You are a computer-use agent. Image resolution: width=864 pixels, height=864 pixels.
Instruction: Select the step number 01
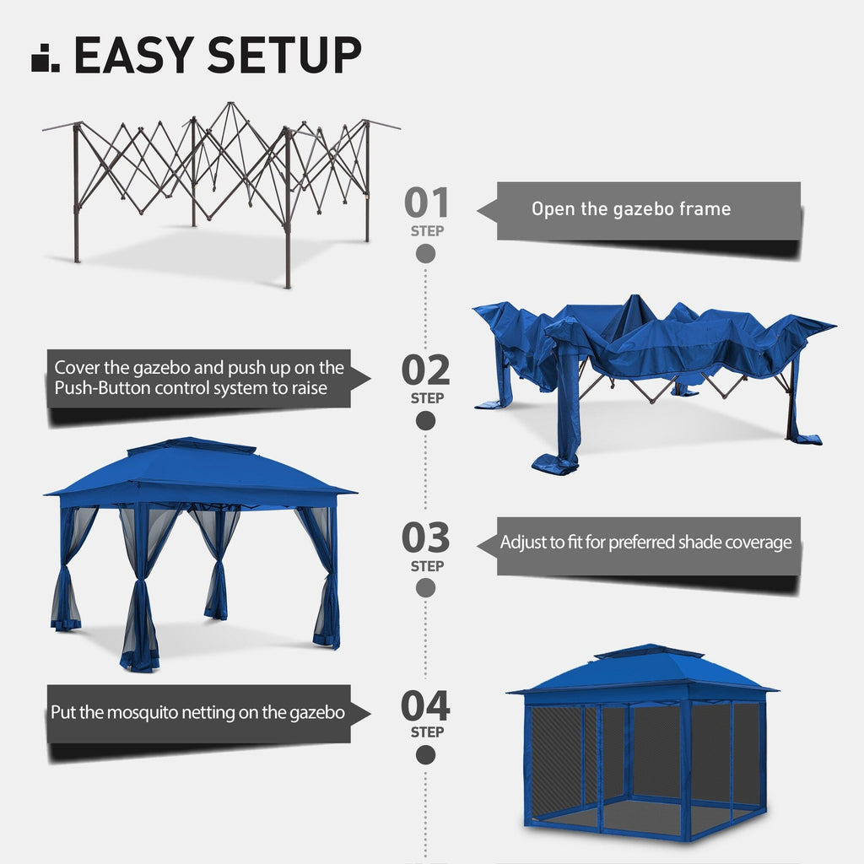click(426, 203)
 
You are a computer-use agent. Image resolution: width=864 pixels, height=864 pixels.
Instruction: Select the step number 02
click(426, 370)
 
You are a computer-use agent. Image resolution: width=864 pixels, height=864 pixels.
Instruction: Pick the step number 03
click(426, 538)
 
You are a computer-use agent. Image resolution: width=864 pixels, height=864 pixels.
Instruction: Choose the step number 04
click(426, 705)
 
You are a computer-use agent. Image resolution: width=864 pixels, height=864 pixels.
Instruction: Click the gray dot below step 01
click(426, 253)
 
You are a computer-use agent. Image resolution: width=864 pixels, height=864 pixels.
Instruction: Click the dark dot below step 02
click(426, 420)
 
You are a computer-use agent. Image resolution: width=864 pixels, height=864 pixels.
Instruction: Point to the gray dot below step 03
click(426, 587)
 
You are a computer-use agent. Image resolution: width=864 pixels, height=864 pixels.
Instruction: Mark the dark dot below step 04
click(426, 754)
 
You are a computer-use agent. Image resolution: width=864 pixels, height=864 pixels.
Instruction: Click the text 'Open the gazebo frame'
click(630, 209)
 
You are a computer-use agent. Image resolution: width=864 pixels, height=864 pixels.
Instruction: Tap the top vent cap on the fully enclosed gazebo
click(648, 652)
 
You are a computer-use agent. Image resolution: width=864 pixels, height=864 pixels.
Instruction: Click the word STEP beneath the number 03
click(426, 566)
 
